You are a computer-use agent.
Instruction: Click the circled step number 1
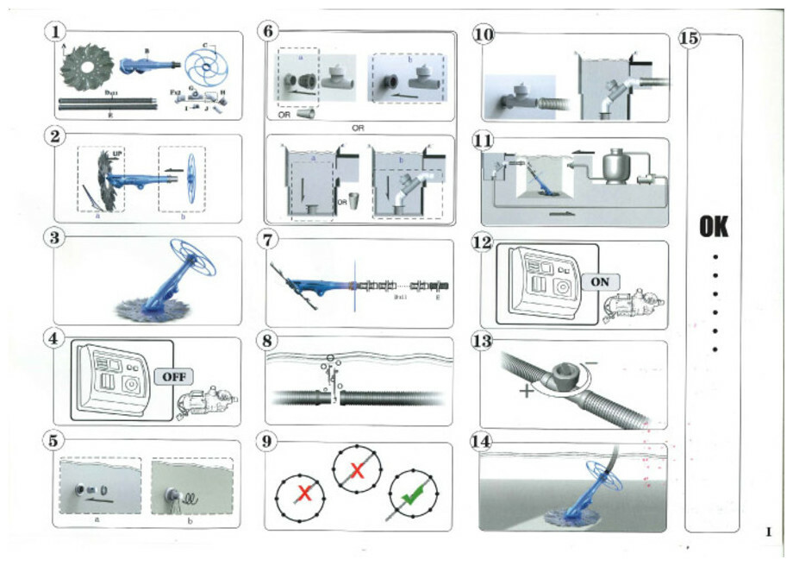55,33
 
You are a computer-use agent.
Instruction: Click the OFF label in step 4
174,375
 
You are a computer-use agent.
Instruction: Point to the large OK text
713,227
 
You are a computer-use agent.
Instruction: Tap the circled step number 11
484,140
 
